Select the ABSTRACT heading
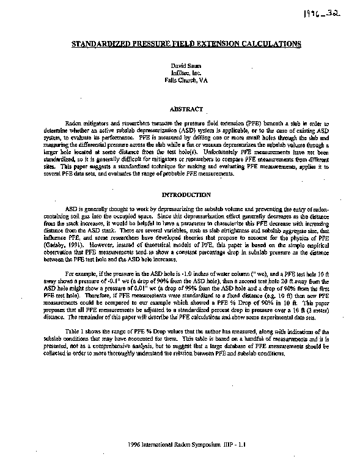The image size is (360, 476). (x=182, y=109)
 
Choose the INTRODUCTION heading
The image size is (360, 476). (x=182, y=195)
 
